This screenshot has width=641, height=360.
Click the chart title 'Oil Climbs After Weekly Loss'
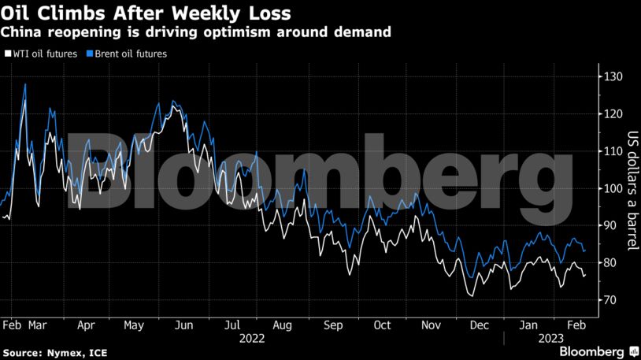pos(146,13)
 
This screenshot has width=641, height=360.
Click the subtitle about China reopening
pos(196,32)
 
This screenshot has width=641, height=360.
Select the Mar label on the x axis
pos(38,324)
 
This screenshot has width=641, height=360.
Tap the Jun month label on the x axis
pos(183,324)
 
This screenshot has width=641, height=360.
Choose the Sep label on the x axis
pos(332,324)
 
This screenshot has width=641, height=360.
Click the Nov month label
pos(431,324)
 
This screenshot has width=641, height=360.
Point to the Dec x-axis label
pos(479,324)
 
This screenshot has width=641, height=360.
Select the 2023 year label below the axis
pos(550,338)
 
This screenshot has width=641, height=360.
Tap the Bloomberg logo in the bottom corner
pos(594,350)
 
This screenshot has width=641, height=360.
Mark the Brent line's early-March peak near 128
pos(25,84)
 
